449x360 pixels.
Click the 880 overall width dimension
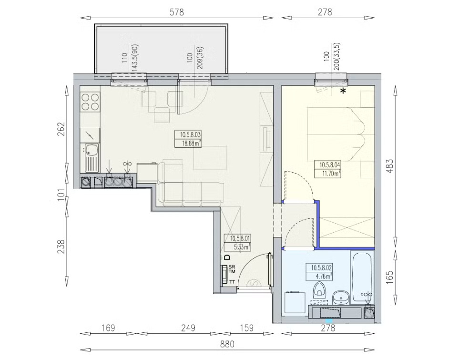pyautogui.click(x=227, y=344)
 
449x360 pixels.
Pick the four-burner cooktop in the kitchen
pyautogui.click(x=90, y=102)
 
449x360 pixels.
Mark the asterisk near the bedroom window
pyautogui.click(x=343, y=91)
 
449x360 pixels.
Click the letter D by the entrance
pyautogui.click(x=227, y=257)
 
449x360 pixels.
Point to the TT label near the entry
pyautogui.click(x=232, y=282)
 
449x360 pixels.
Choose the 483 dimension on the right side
pyautogui.click(x=390, y=165)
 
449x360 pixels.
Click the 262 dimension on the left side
pyautogui.click(x=62, y=129)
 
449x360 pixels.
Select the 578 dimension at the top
pyautogui.click(x=177, y=12)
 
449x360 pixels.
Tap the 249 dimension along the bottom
pyautogui.click(x=188, y=328)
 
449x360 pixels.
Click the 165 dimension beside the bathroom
pyautogui.click(x=390, y=277)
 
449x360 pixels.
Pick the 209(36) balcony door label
pyautogui.click(x=200, y=58)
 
